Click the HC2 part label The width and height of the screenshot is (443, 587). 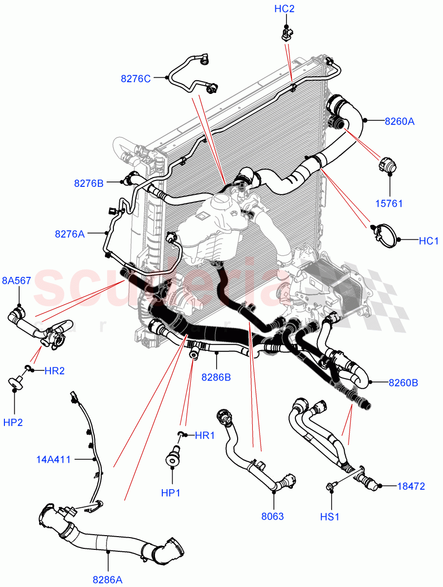285,9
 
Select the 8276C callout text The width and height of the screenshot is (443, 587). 136,78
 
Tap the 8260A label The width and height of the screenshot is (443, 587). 399,121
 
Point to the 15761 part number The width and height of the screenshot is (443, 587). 390,203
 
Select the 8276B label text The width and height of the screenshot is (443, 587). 89,183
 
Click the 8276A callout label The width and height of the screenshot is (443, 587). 69,234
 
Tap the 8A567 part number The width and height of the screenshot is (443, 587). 16,281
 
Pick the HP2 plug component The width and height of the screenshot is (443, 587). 16,383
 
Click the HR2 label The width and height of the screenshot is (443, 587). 54,370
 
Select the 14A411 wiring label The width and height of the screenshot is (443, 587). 54,459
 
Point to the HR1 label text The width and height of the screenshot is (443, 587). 204,435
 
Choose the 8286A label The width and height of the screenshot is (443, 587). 108,579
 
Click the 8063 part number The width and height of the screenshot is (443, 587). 273,516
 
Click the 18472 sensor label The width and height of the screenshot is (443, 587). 411,486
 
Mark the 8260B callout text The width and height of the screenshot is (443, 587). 403,383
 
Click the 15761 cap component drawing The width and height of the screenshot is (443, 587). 387,164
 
